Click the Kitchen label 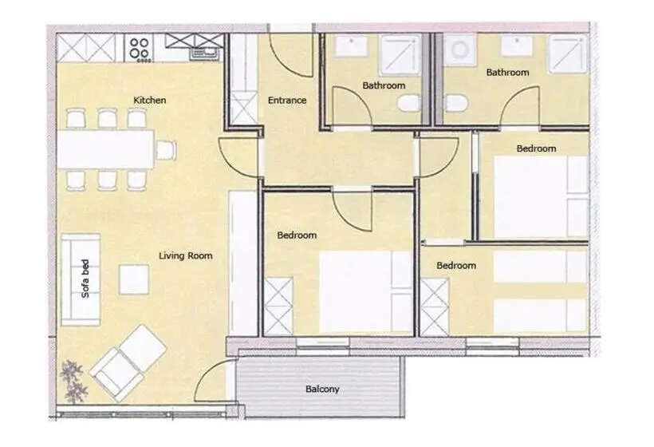(150, 100)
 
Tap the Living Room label (186, 255)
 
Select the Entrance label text (287, 100)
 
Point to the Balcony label (322, 389)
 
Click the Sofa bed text (85, 279)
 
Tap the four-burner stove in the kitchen (139, 49)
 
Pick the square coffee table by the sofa (134, 279)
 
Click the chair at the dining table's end (167, 150)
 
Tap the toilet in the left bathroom (408, 103)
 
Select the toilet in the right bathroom (457, 103)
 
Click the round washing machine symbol (459, 49)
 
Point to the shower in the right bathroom (568, 53)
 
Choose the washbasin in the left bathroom (351, 46)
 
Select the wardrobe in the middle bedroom (278, 307)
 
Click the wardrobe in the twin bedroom (434, 307)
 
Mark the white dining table (105, 149)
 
